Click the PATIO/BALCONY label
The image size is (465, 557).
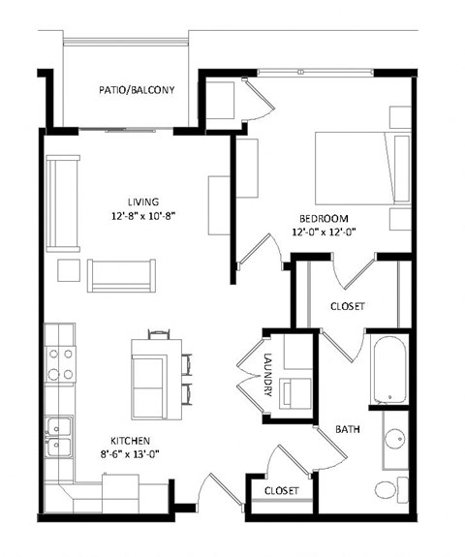pyautogui.click(x=136, y=90)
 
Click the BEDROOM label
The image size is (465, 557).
pyautogui.click(x=324, y=218)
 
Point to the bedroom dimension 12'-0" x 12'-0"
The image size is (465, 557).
pyautogui.click(x=324, y=232)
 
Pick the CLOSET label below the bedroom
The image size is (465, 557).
pyautogui.click(x=347, y=306)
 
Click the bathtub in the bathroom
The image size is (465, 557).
pyautogui.click(x=387, y=369)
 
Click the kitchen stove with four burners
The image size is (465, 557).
pyautogui.click(x=60, y=355)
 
